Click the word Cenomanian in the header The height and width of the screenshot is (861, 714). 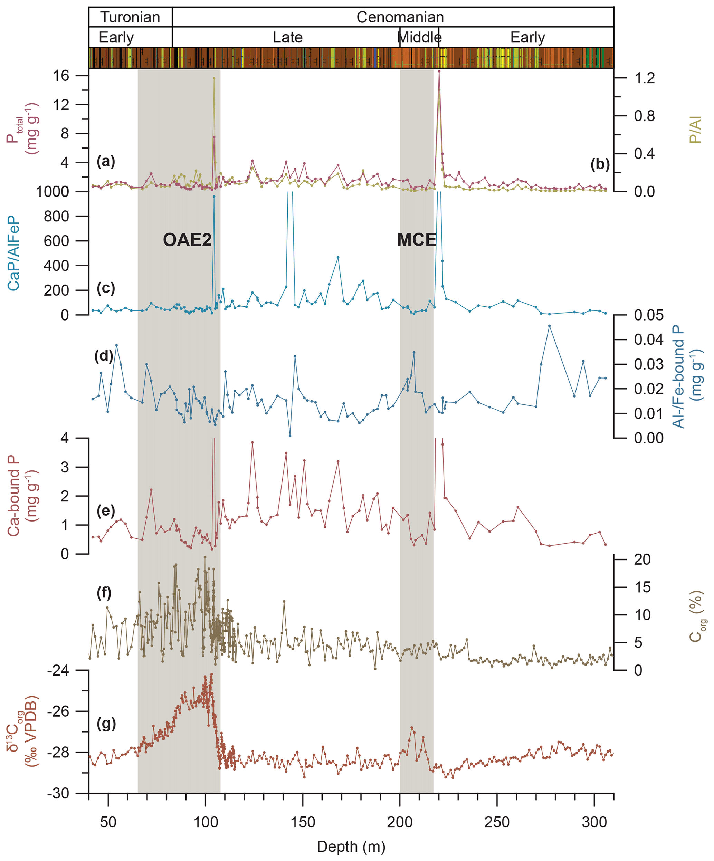pyautogui.click(x=400, y=17)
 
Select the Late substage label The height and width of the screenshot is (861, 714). pyautogui.click(x=287, y=38)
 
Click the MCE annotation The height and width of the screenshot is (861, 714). pyautogui.click(x=416, y=240)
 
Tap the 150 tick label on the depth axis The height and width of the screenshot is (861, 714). pyautogui.click(x=303, y=822)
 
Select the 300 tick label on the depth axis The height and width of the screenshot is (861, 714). pyautogui.click(x=594, y=822)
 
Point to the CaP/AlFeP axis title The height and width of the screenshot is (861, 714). pyautogui.click(x=13, y=253)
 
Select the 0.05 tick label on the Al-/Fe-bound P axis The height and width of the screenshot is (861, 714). pyautogui.click(x=648, y=315)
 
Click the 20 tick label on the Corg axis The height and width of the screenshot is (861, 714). pyautogui.click(x=642, y=559)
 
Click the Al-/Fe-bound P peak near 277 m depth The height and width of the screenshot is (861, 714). pyautogui.click(x=549, y=326)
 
